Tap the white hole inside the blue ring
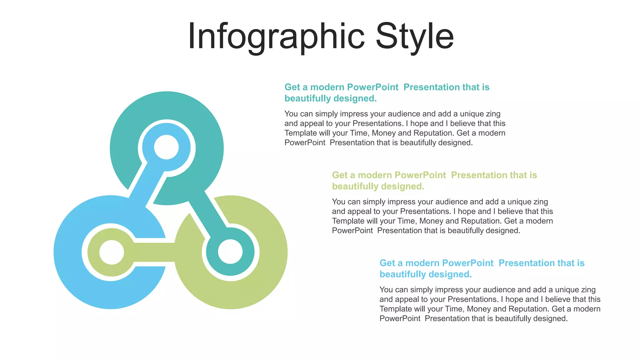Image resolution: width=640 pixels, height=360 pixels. [167, 147]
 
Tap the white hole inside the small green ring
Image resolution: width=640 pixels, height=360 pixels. [112, 252]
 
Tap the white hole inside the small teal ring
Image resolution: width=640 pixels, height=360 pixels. [230, 252]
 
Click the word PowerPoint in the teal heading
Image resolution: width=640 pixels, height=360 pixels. [372, 87]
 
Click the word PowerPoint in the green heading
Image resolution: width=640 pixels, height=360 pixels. [420, 175]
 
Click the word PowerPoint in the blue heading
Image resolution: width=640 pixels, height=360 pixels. [467, 263]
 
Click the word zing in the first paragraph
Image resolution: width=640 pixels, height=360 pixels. [493, 114]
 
